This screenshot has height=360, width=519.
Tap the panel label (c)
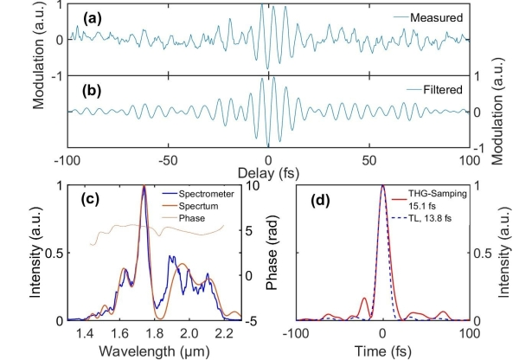tap(95, 198)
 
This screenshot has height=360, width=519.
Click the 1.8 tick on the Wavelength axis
tap(155, 331)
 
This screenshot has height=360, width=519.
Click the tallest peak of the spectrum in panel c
tap(144, 186)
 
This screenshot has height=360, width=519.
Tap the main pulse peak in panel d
tap(382, 186)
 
